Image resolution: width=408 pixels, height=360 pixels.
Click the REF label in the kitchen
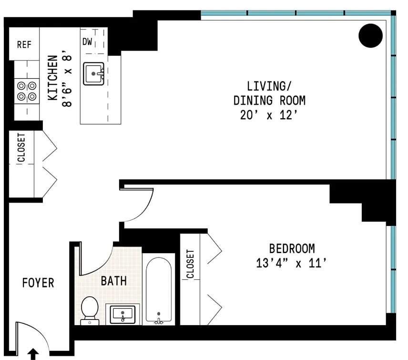pos(24,44)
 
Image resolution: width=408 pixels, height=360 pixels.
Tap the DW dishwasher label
pos(87,41)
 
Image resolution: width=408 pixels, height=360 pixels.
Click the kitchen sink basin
pos(94,73)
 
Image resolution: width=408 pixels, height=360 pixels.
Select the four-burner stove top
pos(27,91)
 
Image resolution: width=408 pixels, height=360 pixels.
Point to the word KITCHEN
pos(53,78)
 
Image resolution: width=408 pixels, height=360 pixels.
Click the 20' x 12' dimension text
pos(269,115)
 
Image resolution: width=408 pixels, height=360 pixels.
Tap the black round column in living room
pos(370,36)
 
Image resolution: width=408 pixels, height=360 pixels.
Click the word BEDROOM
pos(292,248)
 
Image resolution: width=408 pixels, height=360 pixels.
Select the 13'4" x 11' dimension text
pos(291,263)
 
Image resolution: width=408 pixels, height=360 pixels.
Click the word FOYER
pos(38,283)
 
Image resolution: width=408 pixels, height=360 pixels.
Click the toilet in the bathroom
pos(90,311)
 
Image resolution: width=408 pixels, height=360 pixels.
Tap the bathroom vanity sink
pos(122,315)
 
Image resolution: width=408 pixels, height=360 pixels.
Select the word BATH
pos(114,281)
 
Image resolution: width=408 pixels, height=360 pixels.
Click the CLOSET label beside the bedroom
pos(190,264)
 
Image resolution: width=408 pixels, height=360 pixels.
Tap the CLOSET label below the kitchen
pos(21,148)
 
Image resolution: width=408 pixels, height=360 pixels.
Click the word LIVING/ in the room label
pos(269,86)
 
